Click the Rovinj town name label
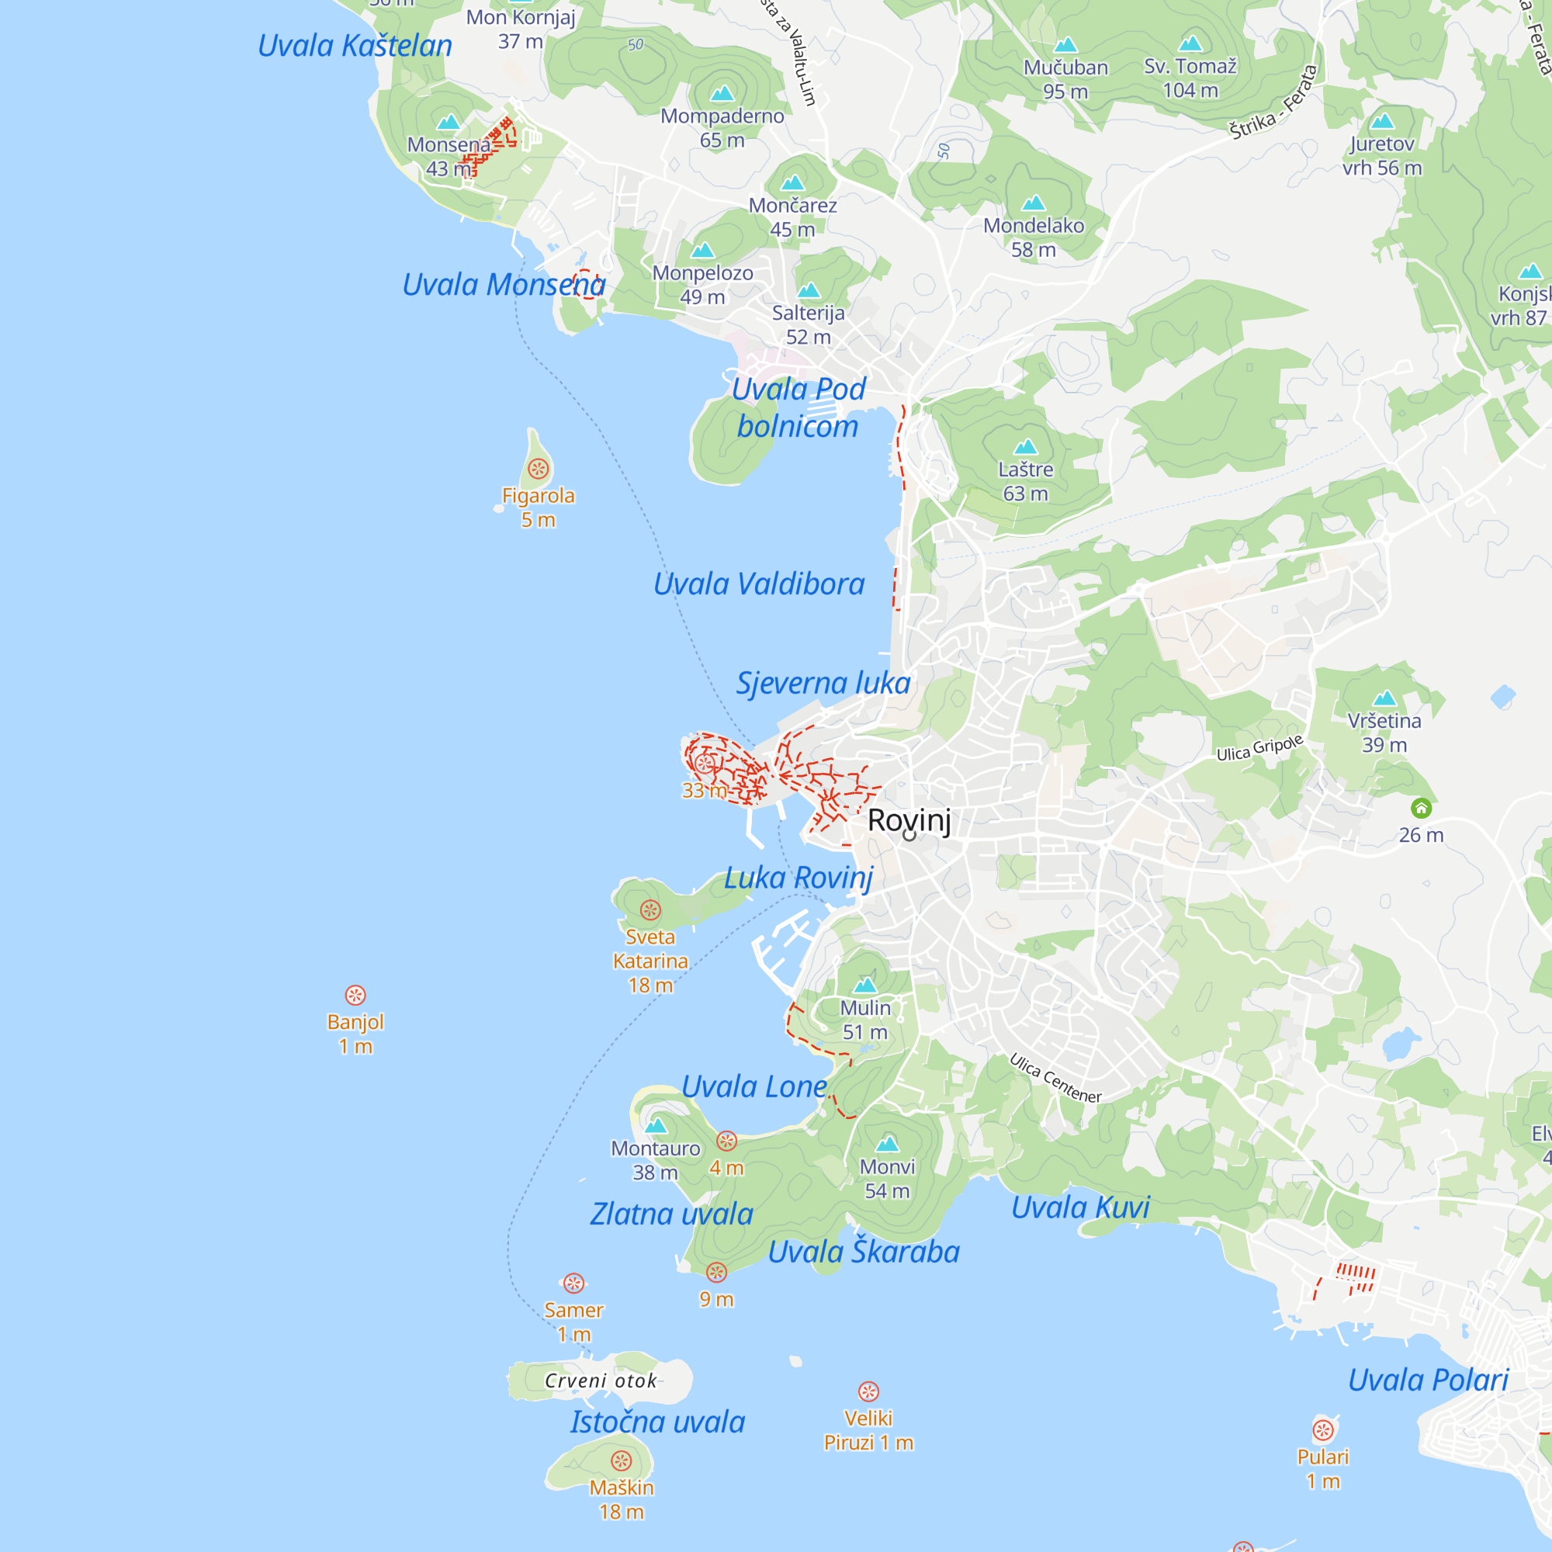tap(909, 820)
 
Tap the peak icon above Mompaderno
tap(722, 94)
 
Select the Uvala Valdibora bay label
tap(758, 584)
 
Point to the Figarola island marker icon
tap(539, 469)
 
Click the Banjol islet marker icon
tap(355, 996)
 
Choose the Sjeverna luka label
tap(823, 683)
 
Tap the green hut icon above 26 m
tap(1421, 808)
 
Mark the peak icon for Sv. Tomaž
tap(1190, 43)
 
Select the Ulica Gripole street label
tap(1259, 748)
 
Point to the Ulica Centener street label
tap(1055, 1078)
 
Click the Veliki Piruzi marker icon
tap(868, 1391)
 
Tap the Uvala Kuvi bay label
tap(1080, 1207)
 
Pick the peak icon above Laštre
tap(1026, 447)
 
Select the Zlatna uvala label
tap(671, 1214)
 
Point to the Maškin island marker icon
tap(621, 1460)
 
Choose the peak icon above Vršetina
tap(1384, 698)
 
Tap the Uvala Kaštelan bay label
tap(355, 46)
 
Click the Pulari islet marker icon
tap(1323, 1430)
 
